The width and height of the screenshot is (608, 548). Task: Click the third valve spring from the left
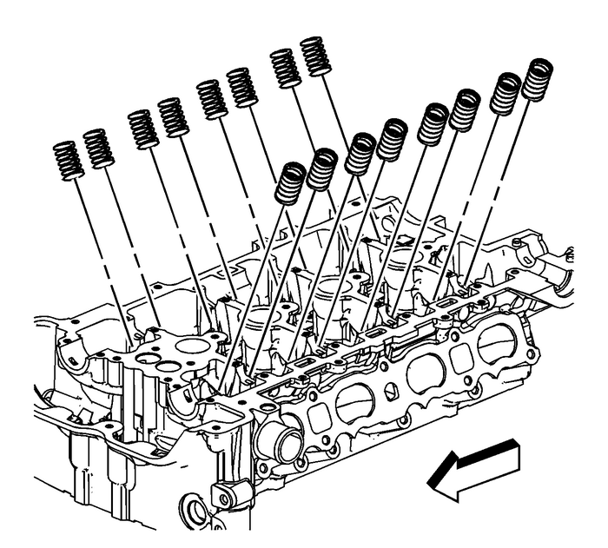pyautogui.click(x=143, y=129)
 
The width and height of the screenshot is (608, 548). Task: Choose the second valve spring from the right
pyautogui.click(x=506, y=94)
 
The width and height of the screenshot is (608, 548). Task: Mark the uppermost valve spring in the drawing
pyautogui.click(x=316, y=57)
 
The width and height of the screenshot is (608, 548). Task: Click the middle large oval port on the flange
pyautogui.click(x=426, y=373)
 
